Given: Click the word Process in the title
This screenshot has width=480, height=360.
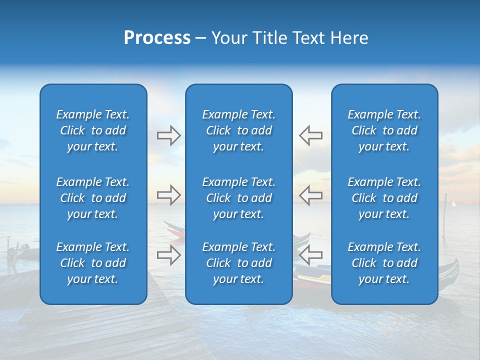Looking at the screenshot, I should pyautogui.click(x=157, y=38).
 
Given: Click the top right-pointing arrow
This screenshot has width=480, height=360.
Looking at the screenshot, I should pyautogui.click(x=168, y=135).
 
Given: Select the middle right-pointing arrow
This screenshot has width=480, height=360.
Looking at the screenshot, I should pyautogui.click(x=168, y=194).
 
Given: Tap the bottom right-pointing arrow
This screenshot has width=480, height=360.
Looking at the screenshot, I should pyautogui.click(x=168, y=254).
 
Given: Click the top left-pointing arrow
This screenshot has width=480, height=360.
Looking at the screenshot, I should pyautogui.click(x=311, y=135).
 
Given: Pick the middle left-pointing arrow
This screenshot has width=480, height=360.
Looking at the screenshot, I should pyautogui.click(x=311, y=194).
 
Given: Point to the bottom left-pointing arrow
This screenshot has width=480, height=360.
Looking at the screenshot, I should pyautogui.click(x=311, y=254).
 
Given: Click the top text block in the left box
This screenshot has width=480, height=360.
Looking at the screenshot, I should pyautogui.click(x=93, y=130).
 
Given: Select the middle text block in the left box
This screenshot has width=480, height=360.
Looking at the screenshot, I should pyautogui.click(x=93, y=198).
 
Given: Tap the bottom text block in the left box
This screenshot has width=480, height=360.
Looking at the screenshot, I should pyautogui.click(x=93, y=263).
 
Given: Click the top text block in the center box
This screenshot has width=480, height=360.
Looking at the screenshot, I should pyautogui.click(x=238, y=130).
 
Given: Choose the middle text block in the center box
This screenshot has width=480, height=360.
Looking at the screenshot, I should pyautogui.click(x=238, y=198).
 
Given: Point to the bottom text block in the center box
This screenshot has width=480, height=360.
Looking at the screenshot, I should pyautogui.click(x=238, y=263).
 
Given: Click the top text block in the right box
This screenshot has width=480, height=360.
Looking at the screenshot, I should pyautogui.click(x=384, y=130).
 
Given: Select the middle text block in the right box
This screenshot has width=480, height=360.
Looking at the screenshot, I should pyautogui.click(x=384, y=198).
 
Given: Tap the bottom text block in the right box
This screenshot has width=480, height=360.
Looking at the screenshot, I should pyautogui.click(x=384, y=263).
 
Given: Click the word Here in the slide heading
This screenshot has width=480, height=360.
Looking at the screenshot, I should pyautogui.click(x=350, y=38).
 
